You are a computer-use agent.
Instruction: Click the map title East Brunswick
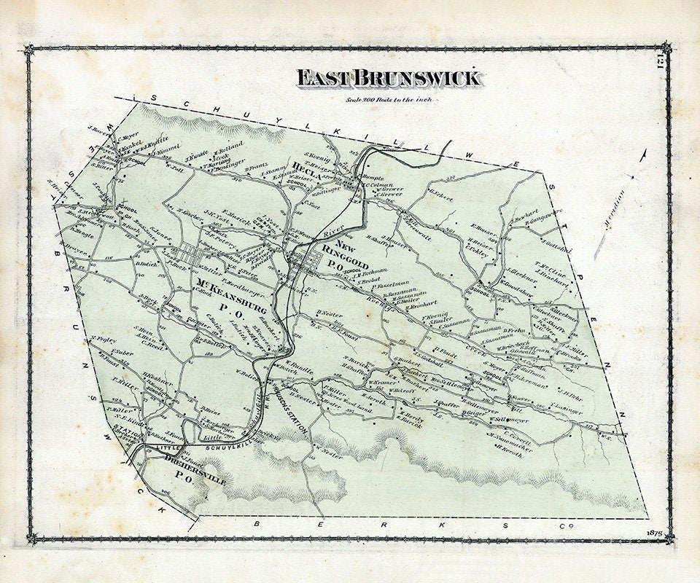tap(388, 78)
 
